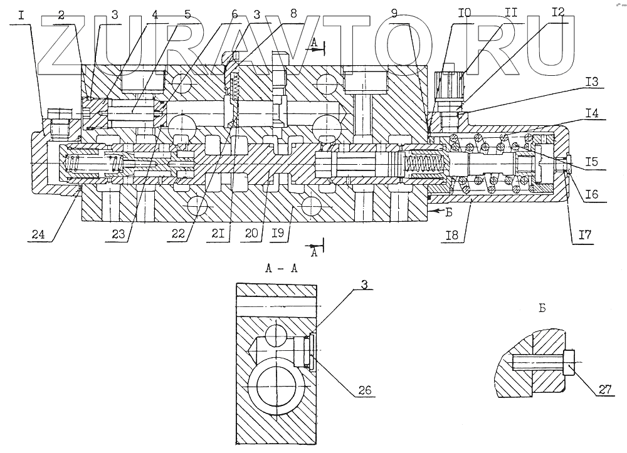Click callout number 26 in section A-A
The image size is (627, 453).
364,390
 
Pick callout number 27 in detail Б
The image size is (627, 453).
604,389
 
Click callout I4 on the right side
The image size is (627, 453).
593,115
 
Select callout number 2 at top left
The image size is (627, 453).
61,14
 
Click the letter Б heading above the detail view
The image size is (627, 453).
543,308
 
